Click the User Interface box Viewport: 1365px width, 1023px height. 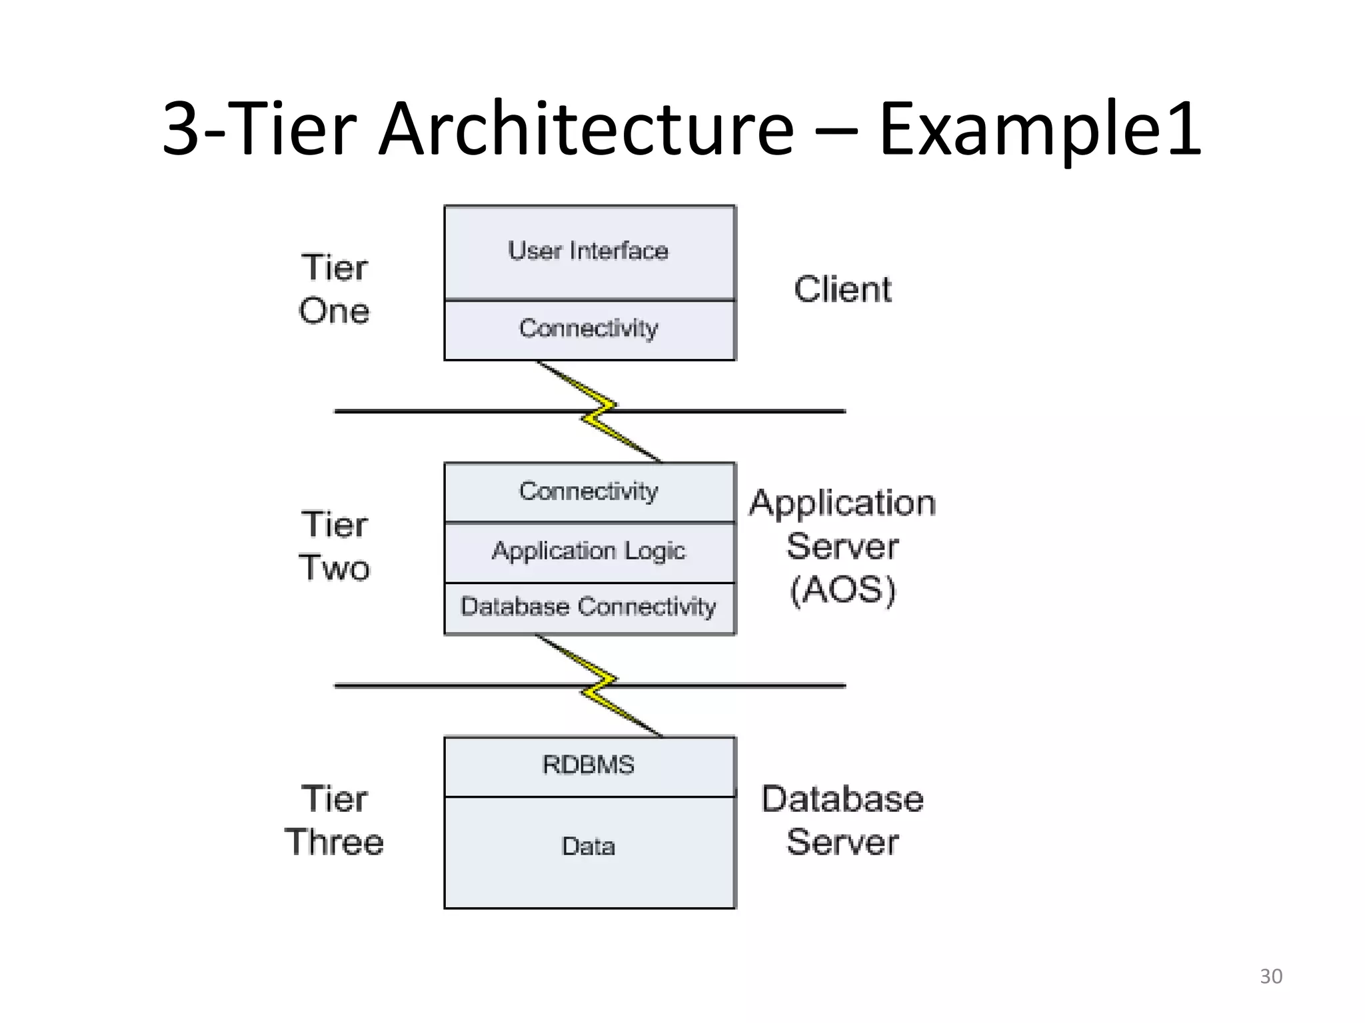point(589,252)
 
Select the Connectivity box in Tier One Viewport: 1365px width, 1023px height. point(589,330)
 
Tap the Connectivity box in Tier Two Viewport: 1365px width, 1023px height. point(589,492)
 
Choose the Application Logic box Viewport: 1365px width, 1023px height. point(589,551)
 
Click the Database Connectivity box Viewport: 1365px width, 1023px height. point(589,607)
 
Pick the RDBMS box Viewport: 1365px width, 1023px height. point(589,766)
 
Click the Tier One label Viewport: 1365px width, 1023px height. point(334,290)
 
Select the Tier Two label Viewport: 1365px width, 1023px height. point(334,546)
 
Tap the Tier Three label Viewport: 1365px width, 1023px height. point(334,821)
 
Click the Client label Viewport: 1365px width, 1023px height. point(842,290)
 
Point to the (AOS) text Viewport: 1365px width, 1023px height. point(842,590)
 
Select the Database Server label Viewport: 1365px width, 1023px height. point(842,821)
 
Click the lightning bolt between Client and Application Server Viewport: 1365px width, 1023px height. point(599,412)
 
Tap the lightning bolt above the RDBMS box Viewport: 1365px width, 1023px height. point(599,686)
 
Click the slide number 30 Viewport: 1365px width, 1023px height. point(1270,976)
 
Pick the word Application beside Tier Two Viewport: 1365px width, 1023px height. point(842,504)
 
